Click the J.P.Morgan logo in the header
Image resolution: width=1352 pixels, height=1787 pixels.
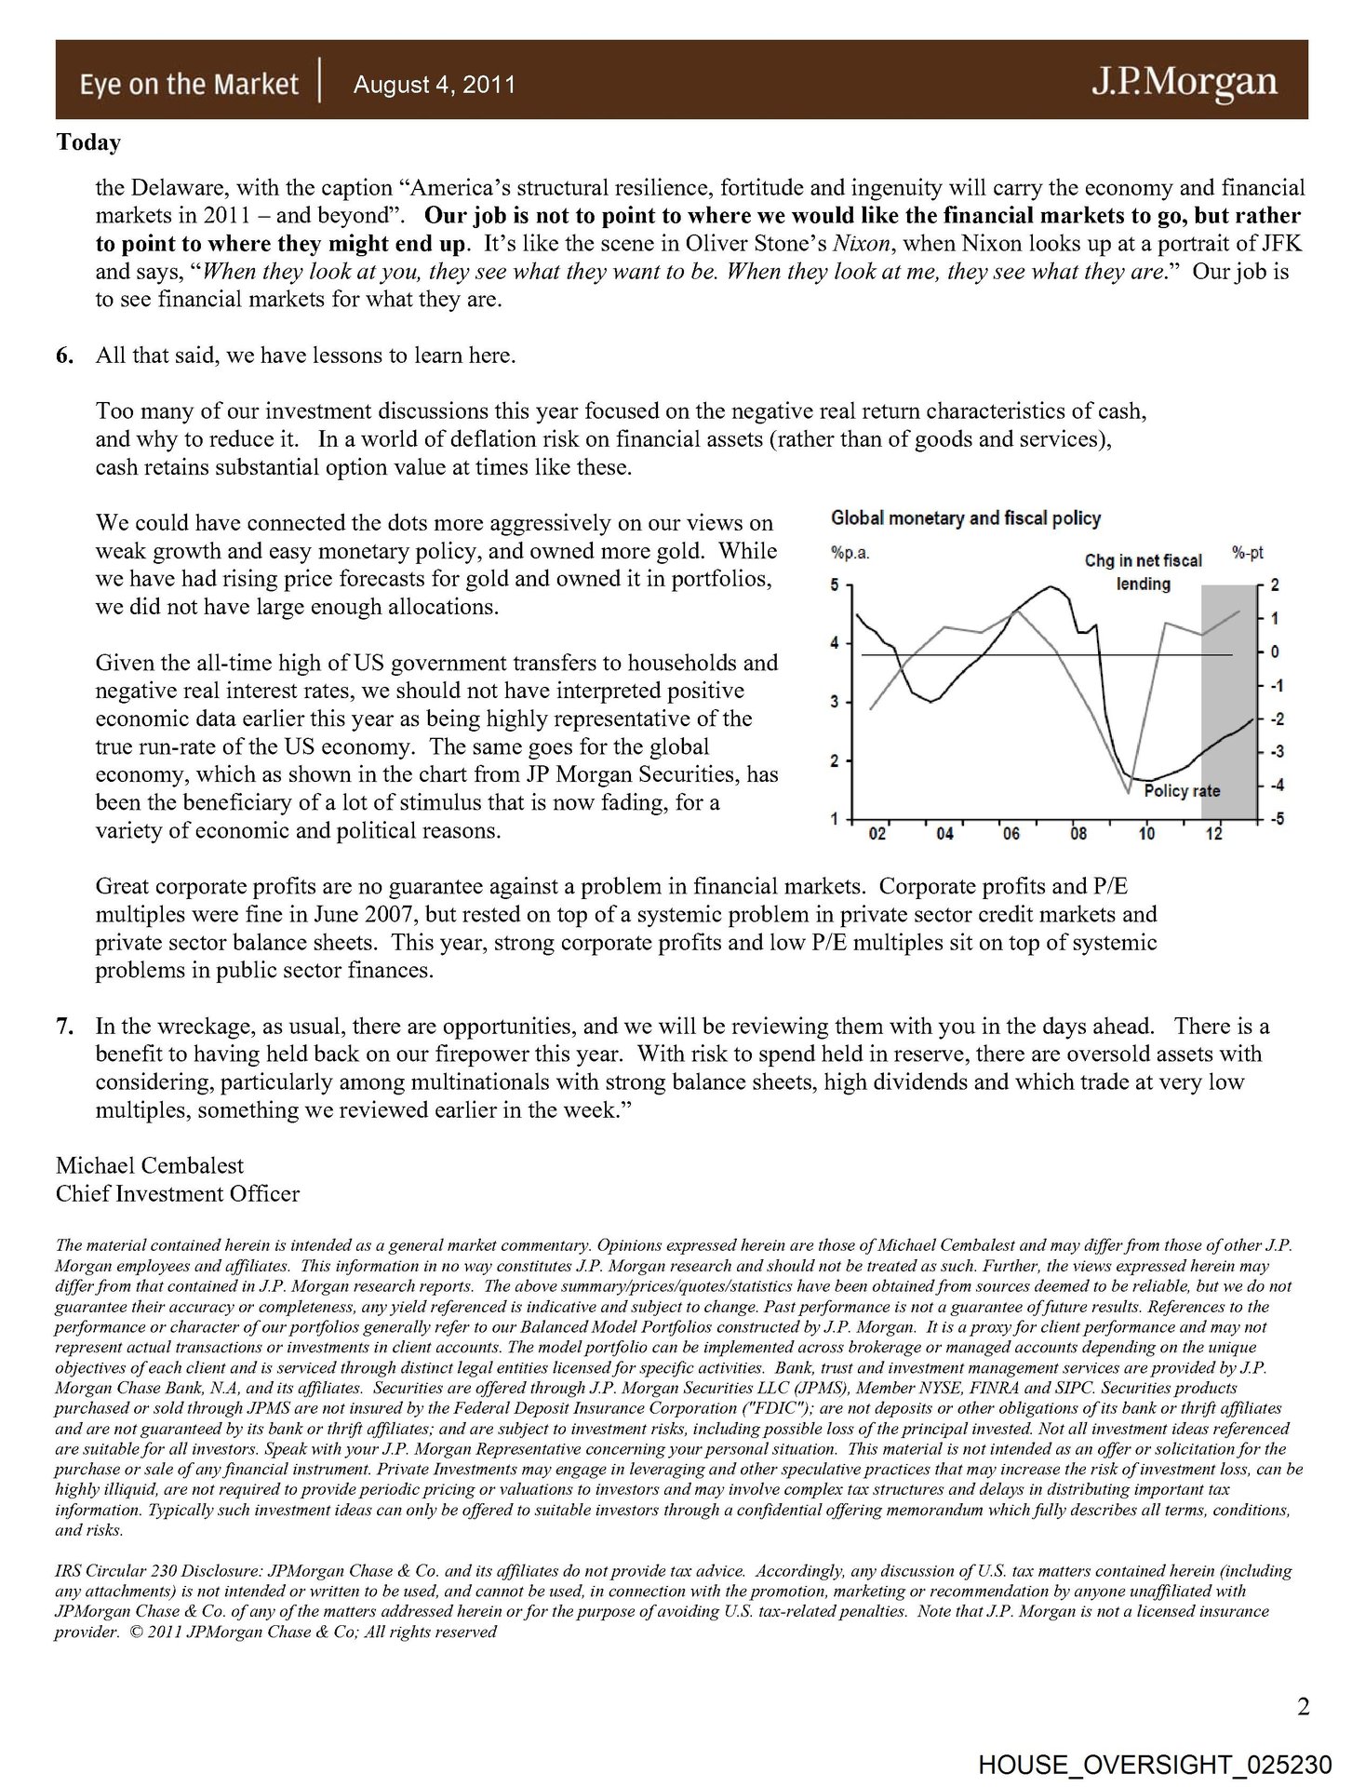(x=1184, y=83)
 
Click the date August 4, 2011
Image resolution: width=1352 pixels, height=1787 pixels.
(x=435, y=85)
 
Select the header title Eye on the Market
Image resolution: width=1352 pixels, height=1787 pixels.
(x=189, y=85)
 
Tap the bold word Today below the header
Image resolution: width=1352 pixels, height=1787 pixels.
(x=88, y=142)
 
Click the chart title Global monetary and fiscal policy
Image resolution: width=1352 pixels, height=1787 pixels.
(x=965, y=518)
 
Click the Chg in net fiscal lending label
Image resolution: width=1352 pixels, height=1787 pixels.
(x=1144, y=571)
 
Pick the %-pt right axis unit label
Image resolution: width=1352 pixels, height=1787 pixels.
(x=1248, y=553)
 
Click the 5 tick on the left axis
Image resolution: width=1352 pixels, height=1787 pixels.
(x=836, y=585)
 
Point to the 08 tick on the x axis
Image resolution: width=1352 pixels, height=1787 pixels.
(x=1078, y=834)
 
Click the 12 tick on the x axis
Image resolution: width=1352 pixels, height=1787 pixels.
(x=1213, y=834)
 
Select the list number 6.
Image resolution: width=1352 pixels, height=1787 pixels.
(x=64, y=356)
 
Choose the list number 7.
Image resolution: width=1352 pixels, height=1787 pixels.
(x=64, y=1027)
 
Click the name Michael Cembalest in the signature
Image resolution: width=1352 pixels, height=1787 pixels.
(x=150, y=1165)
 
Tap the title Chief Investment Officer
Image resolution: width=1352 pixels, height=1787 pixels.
(x=178, y=1193)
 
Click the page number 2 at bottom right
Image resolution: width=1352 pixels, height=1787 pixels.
(x=1303, y=1707)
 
